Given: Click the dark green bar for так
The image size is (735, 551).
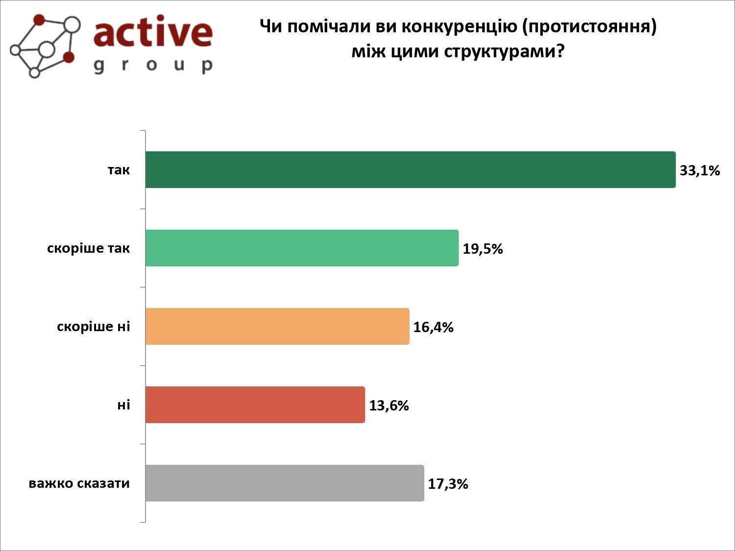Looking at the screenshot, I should [x=410, y=169].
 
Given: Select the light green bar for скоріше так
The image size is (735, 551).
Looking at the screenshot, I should [x=302, y=248].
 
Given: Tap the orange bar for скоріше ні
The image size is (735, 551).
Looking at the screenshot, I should [x=277, y=326].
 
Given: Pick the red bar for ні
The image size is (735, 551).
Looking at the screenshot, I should [x=255, y=405].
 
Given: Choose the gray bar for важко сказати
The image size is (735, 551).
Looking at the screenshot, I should [x=284, y=483].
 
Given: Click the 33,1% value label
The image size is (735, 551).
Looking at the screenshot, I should [x=700, y=170].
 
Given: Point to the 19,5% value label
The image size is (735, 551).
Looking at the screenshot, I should [x=483, y=249].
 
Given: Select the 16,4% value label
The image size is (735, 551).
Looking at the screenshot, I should [x=433, y=327].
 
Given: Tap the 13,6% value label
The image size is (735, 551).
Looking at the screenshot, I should [x=389, y=406].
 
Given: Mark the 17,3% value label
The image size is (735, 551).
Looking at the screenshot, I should [x=448, y=484].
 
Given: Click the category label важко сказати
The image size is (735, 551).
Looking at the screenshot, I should [x=79, y=483].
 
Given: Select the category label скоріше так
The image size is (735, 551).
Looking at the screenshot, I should [x=88, y=248].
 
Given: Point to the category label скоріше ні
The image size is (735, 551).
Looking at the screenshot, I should [x=94, y=327].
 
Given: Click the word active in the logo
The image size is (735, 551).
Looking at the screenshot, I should [x=153, y=33].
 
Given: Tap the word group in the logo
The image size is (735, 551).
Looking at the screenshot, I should [x=153, y=65].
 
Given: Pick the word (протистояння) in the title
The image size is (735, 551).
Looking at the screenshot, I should [x=589, y=27].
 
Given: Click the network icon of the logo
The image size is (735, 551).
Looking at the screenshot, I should [x=44, y=46].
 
